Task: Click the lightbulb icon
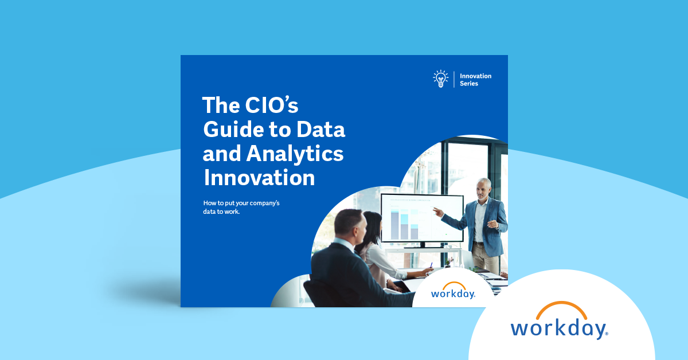click(441, 79)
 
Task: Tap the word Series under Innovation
click(469, 84)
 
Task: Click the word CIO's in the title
click(272, 105)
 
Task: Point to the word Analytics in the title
click(295, 154)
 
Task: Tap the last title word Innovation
click(260, 178)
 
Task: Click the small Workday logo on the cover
click(454, 290)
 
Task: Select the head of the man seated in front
click(350, 224)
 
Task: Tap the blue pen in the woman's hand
click(431, 265)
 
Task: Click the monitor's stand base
click(423, 246)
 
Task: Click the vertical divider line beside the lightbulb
click(454, 79)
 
